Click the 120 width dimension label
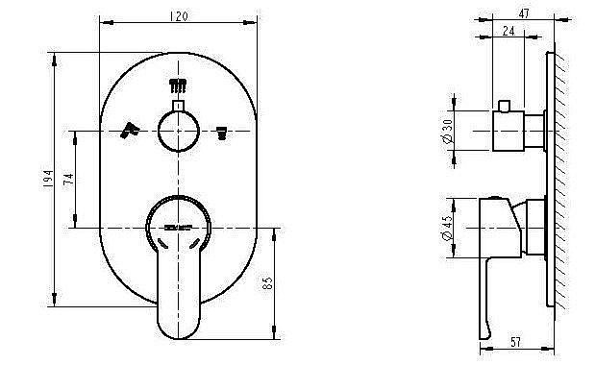coord(178,16)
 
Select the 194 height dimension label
coord(48,179)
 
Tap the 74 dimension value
coord(68,179)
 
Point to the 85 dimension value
coord(267,283)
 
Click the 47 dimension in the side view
coord(524,13)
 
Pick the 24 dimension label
coord(509,31)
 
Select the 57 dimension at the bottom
coord(515,342)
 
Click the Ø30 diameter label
coord(448,132)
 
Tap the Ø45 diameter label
coord(447,229)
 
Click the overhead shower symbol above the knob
coord(178,85)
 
